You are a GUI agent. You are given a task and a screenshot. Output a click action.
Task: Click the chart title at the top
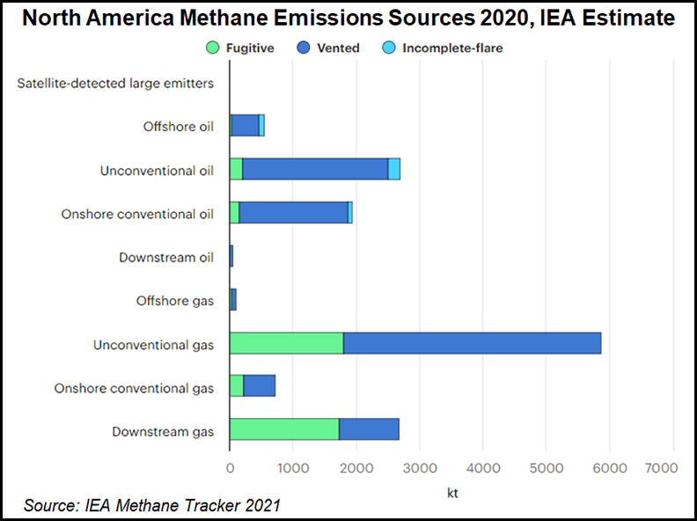348,18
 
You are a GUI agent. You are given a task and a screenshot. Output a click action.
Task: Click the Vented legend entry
330,48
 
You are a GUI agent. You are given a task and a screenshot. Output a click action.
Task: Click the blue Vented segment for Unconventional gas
472,343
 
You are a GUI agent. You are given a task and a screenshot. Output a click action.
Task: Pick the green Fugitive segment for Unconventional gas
286,343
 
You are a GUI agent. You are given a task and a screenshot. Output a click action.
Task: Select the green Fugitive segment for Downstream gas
284,429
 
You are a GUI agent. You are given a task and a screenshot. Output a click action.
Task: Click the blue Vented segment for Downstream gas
369,429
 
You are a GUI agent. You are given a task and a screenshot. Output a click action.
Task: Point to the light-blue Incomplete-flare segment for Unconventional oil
394,169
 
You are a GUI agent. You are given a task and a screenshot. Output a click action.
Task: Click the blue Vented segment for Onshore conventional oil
293,212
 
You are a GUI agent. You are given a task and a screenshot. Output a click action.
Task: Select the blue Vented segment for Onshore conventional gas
260,386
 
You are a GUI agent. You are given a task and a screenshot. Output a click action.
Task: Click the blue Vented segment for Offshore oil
246,126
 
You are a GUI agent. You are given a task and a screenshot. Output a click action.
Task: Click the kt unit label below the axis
451,494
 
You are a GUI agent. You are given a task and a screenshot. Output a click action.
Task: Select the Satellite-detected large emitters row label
115,84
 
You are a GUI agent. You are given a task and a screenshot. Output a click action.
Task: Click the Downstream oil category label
166,257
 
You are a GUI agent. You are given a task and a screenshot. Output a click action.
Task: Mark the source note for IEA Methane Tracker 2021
152,504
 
